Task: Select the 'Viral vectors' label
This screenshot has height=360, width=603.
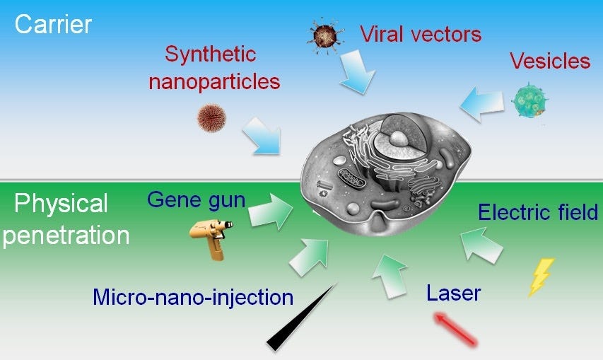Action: pos(421,33)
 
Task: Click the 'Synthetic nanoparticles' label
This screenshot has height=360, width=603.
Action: pos(213,68)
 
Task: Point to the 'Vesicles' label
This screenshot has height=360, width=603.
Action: pos(550,61)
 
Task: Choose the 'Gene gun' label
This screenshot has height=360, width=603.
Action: pos(197,200)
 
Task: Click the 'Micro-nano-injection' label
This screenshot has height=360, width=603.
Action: pos(192,297)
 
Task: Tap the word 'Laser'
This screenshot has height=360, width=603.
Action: pos(454,292)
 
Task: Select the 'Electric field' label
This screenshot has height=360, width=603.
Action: pos(538,212)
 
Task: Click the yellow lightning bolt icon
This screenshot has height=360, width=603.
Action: pos(541,277)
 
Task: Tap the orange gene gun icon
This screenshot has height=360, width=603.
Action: pos(211,236)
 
